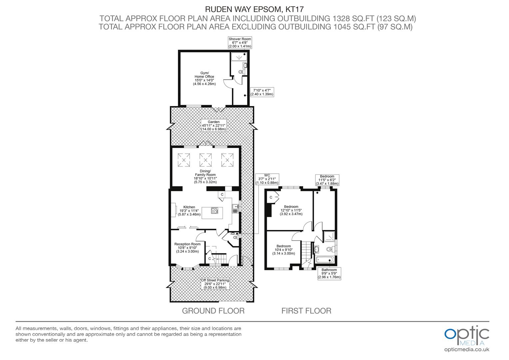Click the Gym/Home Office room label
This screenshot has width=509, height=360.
tap(204, 78)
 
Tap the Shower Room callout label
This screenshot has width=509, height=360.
tap(240, 43)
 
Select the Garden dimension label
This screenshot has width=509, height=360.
tap(214, 125)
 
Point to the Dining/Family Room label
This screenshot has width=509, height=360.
tap(205, 177)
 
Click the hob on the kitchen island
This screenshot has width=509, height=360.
tap(214, 210)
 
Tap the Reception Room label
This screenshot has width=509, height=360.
tap(188, 249)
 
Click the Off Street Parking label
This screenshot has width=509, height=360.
tap(215, 284)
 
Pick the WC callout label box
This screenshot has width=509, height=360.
tap(267, 179)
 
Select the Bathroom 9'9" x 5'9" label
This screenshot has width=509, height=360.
tap(329, 273)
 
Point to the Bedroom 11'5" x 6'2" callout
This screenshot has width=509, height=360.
tap(327, 180)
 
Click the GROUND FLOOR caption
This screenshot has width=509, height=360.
tap(213, 311)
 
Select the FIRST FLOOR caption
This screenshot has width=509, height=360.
tap(306, 311)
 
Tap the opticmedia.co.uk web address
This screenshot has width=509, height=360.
tap(467, 349)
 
